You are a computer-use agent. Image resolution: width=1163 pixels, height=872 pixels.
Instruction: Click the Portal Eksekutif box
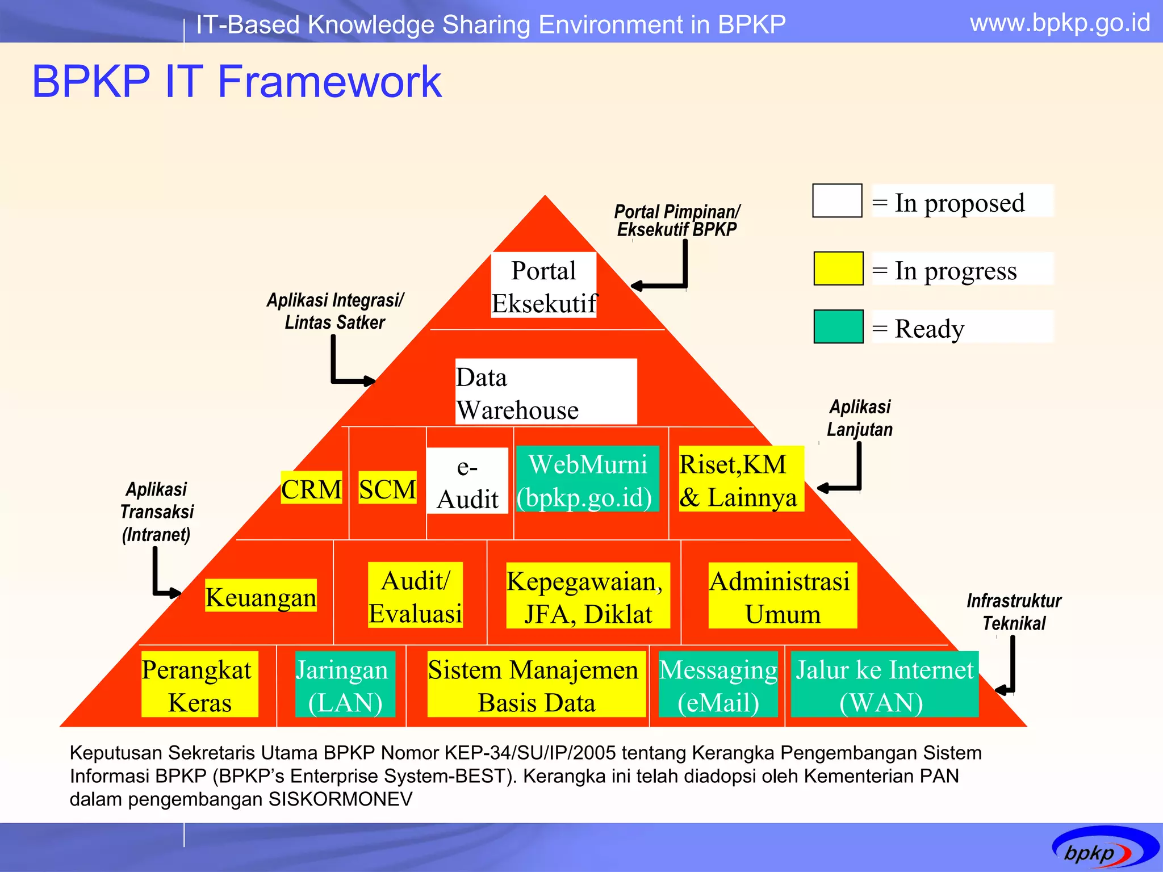click(x=543, y=285)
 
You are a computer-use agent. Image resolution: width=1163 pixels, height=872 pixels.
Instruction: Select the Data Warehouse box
click(x=545, y=392)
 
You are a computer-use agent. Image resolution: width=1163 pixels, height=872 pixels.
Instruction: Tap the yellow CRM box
click(x=311, y=488)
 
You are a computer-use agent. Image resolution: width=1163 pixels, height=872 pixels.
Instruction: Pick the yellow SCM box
click(x=387, y=488)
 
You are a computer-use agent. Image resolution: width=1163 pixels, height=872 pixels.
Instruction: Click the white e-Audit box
click(x=467, y=481)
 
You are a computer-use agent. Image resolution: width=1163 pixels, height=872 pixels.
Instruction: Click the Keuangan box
click(x=261, y=596)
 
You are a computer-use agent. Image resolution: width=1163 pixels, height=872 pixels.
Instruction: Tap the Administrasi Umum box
click(x=782, y=596)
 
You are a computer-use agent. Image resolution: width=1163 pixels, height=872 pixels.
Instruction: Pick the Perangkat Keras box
click(x=199, y=684)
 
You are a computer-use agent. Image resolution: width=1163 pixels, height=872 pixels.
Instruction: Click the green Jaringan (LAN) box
click(x=345, y=684)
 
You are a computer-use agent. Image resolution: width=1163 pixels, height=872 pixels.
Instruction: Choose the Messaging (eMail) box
click(x=718, y=684)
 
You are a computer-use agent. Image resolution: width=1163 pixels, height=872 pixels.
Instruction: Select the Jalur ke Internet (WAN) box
click(x=884, y=684)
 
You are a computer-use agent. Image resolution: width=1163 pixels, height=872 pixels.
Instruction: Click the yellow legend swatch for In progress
click(x=838, y=269)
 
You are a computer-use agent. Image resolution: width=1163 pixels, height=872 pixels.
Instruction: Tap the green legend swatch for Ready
click(x=838, y=326)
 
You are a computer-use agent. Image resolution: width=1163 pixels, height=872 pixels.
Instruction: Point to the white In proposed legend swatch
click(x=837, y=200)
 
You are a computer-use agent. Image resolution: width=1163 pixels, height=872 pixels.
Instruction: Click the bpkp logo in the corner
click(x=1104, y=849)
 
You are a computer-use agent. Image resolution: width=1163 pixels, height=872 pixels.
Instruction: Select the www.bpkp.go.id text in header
click(x=1060, y=23)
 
